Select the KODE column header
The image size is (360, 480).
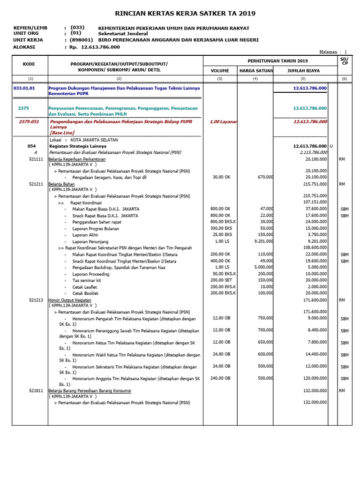pos(29,64)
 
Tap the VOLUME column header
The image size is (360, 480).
pos(220,71)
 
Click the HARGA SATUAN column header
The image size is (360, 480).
pos(255,71)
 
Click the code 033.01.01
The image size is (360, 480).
pos(24,88)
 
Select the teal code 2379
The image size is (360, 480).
pos(23,108)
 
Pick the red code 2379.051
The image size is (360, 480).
pos(29,121)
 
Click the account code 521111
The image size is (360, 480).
pos(36,159)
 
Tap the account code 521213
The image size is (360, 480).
pos(36,300)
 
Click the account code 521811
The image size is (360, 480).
pos(36,390)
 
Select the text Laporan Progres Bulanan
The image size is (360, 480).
pos(96,229)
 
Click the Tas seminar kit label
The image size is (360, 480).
pos(87,280)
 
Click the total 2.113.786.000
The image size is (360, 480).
pos(313,152)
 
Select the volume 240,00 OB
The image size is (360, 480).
pos(221,378)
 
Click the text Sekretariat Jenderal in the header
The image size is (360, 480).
pos(123,34)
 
